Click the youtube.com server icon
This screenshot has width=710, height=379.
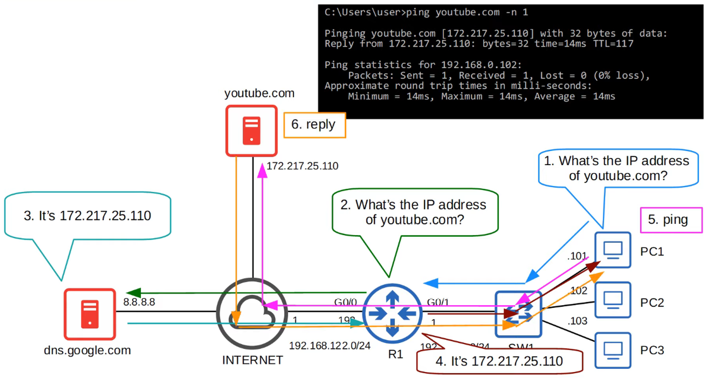pos(251,131)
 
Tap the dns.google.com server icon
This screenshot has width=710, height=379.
pos(90,314)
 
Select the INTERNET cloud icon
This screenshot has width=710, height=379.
pos(252,313)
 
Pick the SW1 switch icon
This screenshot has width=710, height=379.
pos(518,314)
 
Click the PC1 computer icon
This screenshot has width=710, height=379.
pos(613,250)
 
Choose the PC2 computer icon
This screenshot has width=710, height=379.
pos(613,300)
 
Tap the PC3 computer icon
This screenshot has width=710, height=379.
pos(613,350)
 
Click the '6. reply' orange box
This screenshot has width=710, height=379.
pos(314,125)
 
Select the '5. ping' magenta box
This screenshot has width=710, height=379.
pos(671,220)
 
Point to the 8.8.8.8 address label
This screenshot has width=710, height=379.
pos(139,302)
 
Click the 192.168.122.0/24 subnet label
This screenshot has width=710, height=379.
pos(329,346)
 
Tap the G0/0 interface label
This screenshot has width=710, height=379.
pos(345,302)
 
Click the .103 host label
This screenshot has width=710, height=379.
pos(577,321)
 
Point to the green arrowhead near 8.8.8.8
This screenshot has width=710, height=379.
pos(133,293)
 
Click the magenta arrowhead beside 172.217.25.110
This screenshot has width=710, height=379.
pos(262,170)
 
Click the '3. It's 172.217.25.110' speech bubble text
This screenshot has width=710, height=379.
pos(87,216)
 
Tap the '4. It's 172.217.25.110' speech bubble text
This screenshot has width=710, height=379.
pos(499,361)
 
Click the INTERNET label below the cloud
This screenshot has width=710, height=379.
pos(252,360)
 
